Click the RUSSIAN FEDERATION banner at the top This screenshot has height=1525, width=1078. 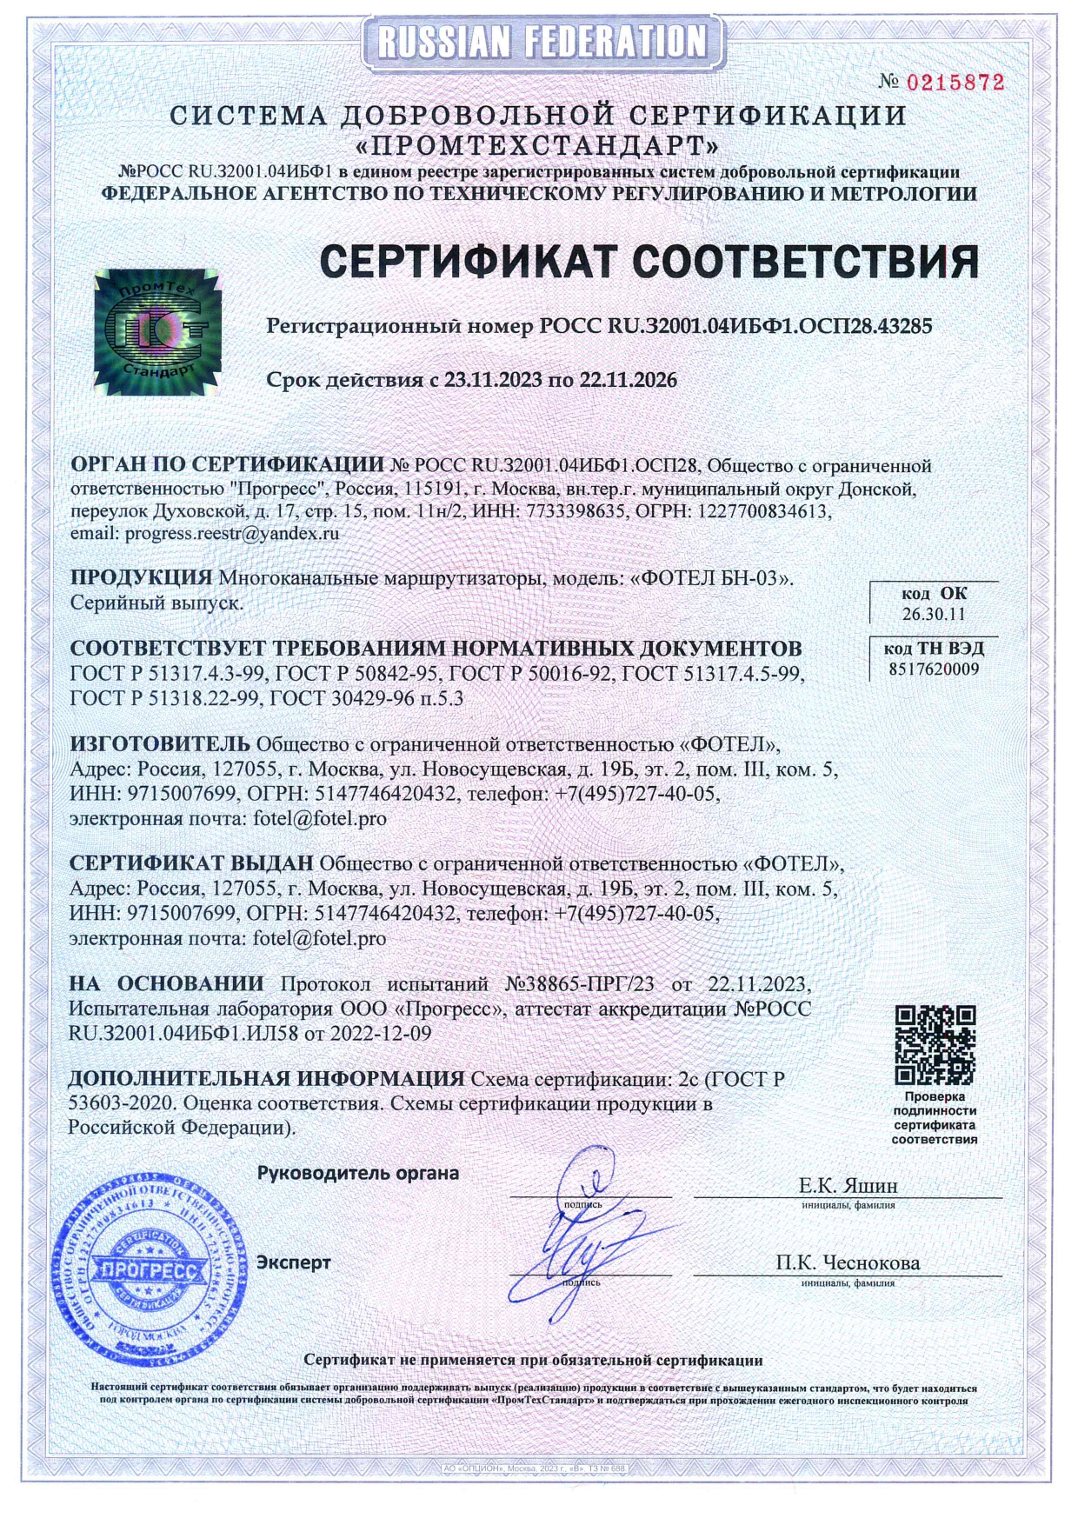pyautogui.click(x=539, y=42)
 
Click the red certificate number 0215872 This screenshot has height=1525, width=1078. pyautogui.click(x=955, y=83)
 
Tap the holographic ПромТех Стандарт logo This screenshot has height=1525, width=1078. pyautogui.click(x=157, y=331)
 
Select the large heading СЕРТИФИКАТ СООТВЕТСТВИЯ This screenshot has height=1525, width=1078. pyautogui.click(x=649, y=262)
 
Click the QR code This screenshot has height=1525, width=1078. pyautogui.click(x=935, y=1044)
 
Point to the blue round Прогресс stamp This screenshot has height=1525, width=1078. pyautogui.click(x=146, y=1270)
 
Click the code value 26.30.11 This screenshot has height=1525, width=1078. pyautogui.click(x=934, y=614)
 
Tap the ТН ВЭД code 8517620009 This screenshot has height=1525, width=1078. pyautogui.click(x=934, y=669)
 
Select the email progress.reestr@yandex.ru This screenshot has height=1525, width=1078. pyautogui.click(x=232, y=534)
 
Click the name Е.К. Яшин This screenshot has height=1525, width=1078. pyautogui.click(x=848, y=1186)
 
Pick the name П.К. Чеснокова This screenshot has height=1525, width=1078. pyautogui.click(x=848, y=1262)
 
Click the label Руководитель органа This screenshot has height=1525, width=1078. pyautogui.click(x=358, y=1173)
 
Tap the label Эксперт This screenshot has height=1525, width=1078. pyautogui.click(x=294, y=1262)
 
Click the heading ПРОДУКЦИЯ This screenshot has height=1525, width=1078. pyautogui.click(x=141, y=577)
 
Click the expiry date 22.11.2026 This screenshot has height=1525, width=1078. pyautogui.click(x=628, y=380)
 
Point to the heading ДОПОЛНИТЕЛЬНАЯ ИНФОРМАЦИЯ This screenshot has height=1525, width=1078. pyautogui.click(x=266, y=1079)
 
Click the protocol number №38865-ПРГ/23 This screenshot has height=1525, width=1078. pyautogui.click(x=579, y=984)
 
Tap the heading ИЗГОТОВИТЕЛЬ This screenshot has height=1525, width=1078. pyautogui.click(x=160, y=744)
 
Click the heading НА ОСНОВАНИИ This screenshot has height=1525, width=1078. pyautogui.click(x=166, y=984)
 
